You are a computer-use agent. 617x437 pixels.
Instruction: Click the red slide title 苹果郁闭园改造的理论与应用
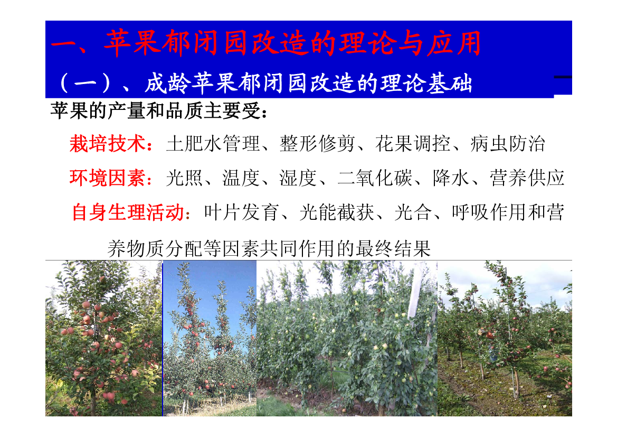coord(293,43)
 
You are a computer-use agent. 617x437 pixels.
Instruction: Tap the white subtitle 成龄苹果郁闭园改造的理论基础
coord(308,83)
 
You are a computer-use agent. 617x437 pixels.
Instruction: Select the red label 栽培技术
coord(108,143)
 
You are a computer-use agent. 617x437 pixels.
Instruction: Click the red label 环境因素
coord(108,178)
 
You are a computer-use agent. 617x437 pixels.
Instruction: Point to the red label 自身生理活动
coord(128,212)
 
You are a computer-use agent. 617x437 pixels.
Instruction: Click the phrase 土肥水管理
coord(213,143)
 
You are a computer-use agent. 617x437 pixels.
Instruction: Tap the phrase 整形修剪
coord(317,143)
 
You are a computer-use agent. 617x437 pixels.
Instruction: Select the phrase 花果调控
coord(413,143)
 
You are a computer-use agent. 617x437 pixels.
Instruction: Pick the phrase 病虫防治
coord(508,143)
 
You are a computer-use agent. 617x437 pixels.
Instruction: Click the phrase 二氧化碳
coord(375,178)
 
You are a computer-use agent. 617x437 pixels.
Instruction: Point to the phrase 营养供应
coord(527,178)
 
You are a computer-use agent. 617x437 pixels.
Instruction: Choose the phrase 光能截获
coord(336,212)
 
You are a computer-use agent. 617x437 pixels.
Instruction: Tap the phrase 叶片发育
coord(241,212)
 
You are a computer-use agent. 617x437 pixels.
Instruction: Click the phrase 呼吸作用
coord(489,212)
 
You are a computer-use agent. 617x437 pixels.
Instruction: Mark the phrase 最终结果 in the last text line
coord(393,249)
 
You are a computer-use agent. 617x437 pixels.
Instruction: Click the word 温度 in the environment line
coord(241,178)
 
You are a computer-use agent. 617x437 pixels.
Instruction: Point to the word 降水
coord(451,178)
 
